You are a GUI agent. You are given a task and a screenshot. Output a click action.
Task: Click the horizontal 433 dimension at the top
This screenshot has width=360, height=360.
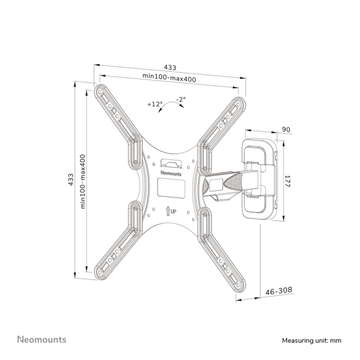coord(170,67)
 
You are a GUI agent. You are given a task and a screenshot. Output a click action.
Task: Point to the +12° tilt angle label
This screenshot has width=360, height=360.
coord(155,103)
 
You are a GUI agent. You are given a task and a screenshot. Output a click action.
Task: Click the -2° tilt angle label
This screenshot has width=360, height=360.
coord(181,99)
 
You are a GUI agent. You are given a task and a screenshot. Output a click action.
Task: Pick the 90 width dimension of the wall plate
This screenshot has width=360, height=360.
coord(286,129)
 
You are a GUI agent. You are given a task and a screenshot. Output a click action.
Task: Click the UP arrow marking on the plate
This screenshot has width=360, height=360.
coord(171,210)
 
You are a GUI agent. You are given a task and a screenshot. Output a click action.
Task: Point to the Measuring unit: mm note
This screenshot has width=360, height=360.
coord(311,340)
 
